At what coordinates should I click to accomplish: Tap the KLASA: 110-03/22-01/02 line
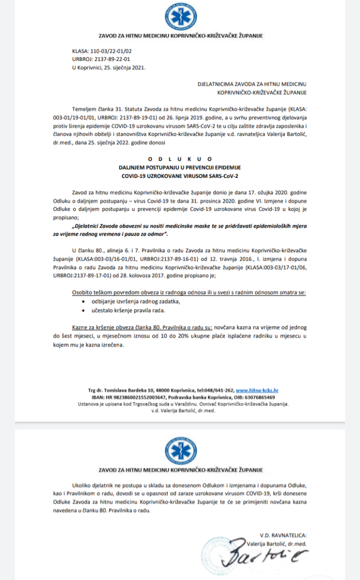click(102, 52)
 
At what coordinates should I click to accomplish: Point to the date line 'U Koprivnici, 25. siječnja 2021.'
click(109, 67)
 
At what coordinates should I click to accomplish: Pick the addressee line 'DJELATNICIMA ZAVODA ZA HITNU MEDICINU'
click(252, 83)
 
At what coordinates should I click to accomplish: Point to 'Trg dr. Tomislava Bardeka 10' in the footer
click(116, 390)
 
